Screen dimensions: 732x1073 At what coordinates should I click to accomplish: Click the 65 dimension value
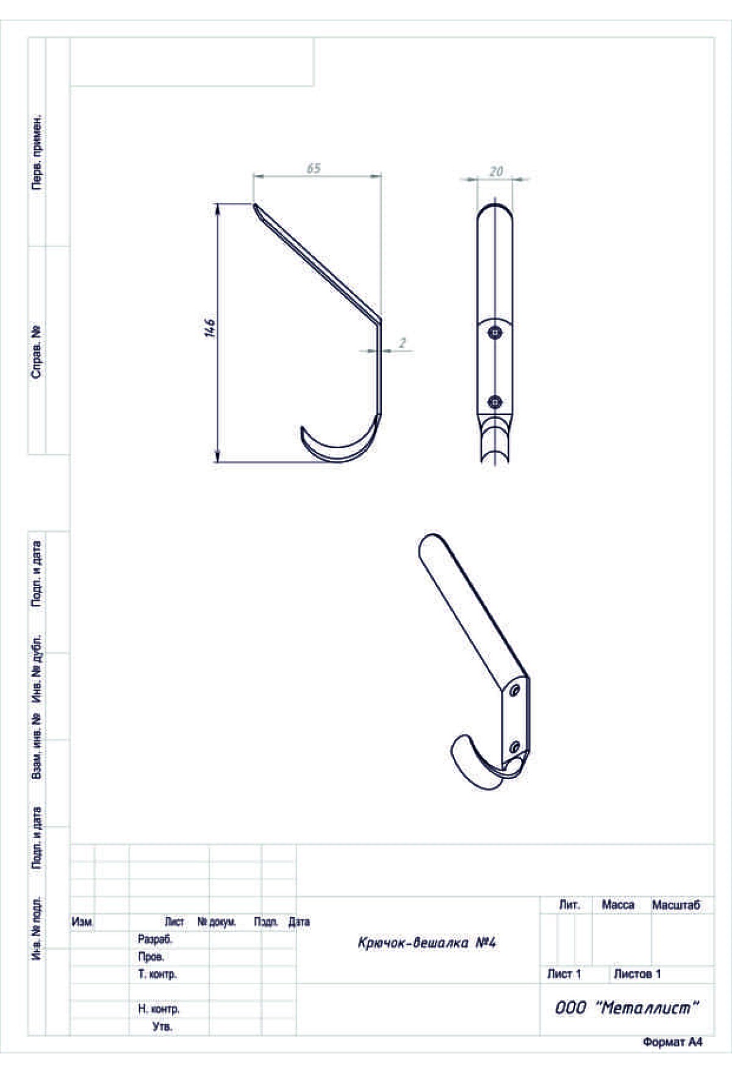[313, 168]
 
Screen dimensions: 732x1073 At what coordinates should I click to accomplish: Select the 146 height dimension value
[210, 327]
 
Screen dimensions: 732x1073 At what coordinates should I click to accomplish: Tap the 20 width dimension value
[497, 172]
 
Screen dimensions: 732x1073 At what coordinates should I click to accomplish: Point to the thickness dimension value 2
[403, 343]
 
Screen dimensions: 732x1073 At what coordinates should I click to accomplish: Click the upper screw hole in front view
[495, 332]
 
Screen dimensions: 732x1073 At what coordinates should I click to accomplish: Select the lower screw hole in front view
[495, 402]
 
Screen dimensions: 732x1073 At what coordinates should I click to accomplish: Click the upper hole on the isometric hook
[515, 690]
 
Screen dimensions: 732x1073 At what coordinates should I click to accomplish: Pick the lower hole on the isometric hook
[514, 746]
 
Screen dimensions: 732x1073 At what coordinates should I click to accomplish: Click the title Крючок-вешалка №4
[427, 943]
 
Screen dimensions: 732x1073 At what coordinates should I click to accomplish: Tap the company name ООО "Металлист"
[626, 1008]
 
